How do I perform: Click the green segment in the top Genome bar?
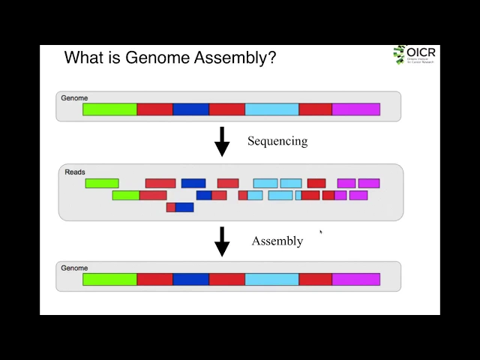tap(109, 109)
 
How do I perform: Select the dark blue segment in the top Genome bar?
tap(190, 109)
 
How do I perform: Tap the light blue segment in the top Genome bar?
tap(271, 109)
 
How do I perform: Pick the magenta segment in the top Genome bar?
tap(355, 109)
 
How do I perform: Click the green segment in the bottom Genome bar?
tap(109, 280)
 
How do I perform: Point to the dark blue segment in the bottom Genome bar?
tap(190, 280)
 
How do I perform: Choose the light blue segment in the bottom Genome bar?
tap(271, 280)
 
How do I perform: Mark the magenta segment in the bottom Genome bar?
tap(355, 280)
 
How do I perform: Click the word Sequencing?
tap(277, 141)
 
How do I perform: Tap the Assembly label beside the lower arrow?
tap(277, 241)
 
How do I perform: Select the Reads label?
tap(75, 172)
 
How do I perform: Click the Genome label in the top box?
tap(74, 98)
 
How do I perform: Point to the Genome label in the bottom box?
tap(74, 268)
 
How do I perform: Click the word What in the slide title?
tap(83, 58)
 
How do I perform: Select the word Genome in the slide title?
tap(158, 58)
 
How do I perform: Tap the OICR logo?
tap(414, 55)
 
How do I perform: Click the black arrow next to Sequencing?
tap(222, 141)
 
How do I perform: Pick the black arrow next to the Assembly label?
tap(222, 241)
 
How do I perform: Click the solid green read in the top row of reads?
tap(102, 184)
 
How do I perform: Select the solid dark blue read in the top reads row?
tap(193, 184)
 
